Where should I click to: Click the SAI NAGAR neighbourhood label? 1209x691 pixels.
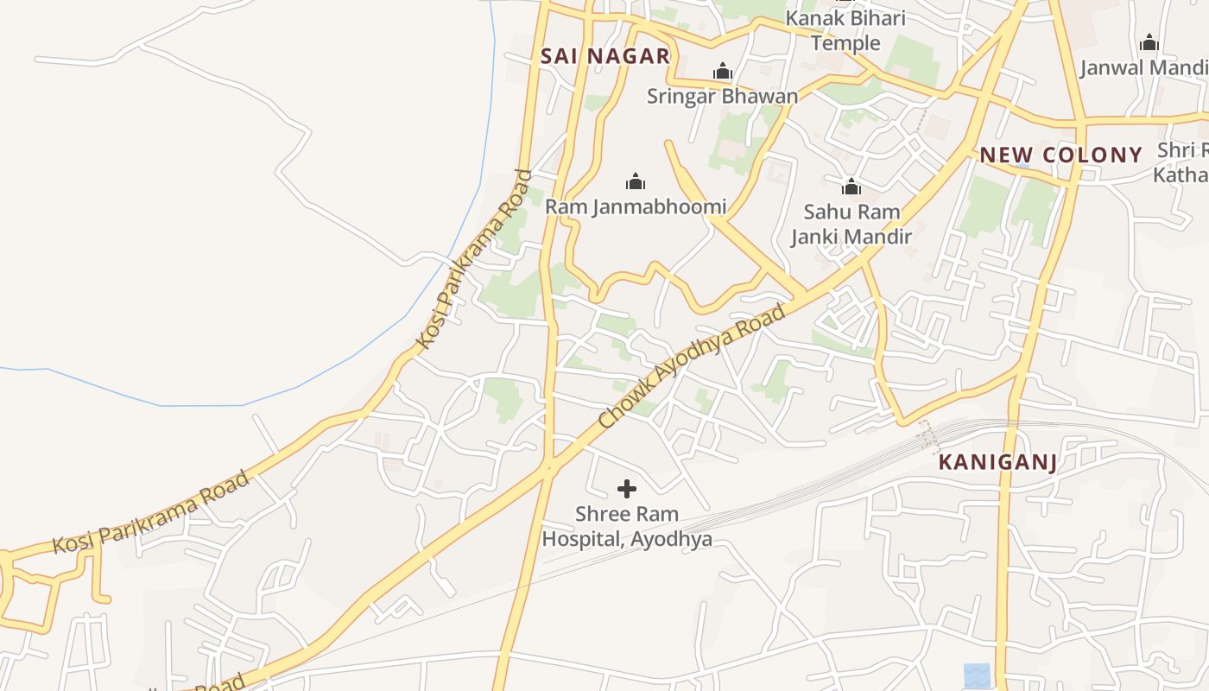click(604, 57)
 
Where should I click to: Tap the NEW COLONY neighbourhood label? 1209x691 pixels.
click(1060, 155)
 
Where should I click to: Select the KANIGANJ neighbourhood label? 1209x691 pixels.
click(997, 462)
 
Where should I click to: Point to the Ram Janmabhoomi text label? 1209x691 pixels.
click(635, 207)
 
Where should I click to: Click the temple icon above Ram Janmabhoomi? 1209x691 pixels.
click(636, 181)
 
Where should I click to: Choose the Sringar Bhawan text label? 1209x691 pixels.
click(722, 96)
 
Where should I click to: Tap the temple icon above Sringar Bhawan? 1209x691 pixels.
click(722, 72)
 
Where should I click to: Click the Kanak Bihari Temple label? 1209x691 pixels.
click(845, 30)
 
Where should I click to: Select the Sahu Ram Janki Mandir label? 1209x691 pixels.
click(851, 224)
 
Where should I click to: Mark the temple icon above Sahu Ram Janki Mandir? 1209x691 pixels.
click(851, 187)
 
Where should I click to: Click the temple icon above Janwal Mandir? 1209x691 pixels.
click(1149, 42)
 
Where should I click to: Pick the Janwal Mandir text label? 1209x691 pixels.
click(1143, 67)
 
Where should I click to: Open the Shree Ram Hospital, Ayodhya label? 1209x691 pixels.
click(627, 526)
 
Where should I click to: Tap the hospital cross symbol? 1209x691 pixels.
click(627, 490)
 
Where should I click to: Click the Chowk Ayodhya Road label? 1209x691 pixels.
click(692, 366)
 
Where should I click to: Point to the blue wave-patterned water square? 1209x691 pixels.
click(977, 675)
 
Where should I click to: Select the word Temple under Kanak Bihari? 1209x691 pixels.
click(845, 43)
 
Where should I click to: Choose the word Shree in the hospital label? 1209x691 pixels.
click(602, 514)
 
